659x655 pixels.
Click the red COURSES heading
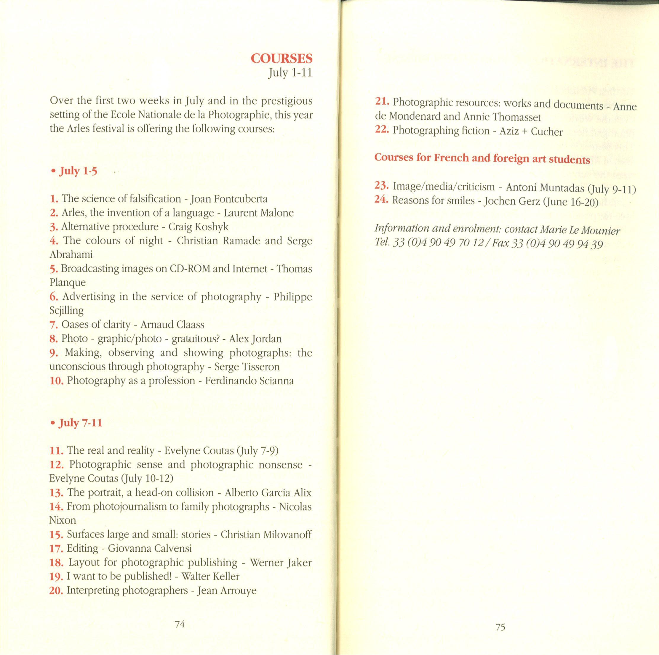coord(281,59)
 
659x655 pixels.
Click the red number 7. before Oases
coord(54,325)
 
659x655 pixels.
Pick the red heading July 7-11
coord(80,423)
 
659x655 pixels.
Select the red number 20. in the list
coord(56,590)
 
